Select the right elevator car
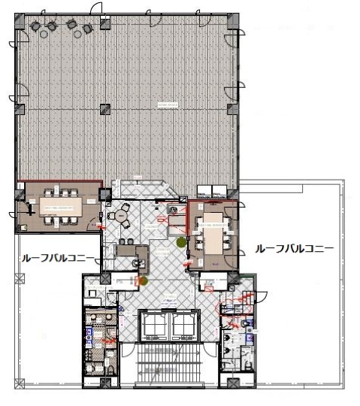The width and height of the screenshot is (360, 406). (x=183, y=325)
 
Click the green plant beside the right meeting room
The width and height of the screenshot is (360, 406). (x=181, y=242)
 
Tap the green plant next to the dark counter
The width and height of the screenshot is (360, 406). (x=144, y=281)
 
